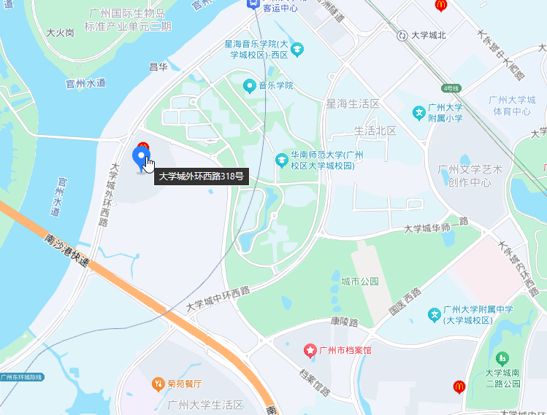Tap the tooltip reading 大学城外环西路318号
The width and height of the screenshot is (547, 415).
click(x=201, y=176)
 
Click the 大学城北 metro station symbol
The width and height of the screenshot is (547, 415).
click(x=402, y=34)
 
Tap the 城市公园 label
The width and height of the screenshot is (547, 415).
click(x=360, y=281)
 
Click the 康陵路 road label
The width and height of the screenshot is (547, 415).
click(x=343, y=322)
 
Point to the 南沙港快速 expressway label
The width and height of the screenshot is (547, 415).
click(x=66, y=250)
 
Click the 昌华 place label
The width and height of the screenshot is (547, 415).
click(x=158, y=66)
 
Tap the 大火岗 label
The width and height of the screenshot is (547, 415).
click(x=60, y=33)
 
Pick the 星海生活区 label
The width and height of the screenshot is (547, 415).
click(x=353, y=104)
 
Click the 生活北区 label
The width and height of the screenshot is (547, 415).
click(x=375, y=131)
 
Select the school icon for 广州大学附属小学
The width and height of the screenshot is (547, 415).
click(x=419, y=112)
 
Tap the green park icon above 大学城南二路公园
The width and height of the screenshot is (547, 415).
click(x=502, y=358)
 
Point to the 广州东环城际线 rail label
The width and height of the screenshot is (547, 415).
click(x=22, y=377)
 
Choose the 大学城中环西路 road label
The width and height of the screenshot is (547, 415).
click(x=218, y=298)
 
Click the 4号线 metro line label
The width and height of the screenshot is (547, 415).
click(x=452, y=88)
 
